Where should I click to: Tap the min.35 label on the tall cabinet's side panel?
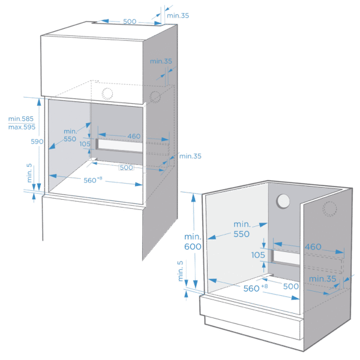[160, 61]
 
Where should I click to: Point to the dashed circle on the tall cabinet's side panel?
[156, 96]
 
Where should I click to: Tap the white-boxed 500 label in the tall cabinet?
[127, 168]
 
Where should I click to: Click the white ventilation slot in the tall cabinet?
[119, 146]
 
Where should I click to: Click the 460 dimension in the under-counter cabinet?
[313, 247]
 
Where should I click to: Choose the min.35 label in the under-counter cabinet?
[322, 279]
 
